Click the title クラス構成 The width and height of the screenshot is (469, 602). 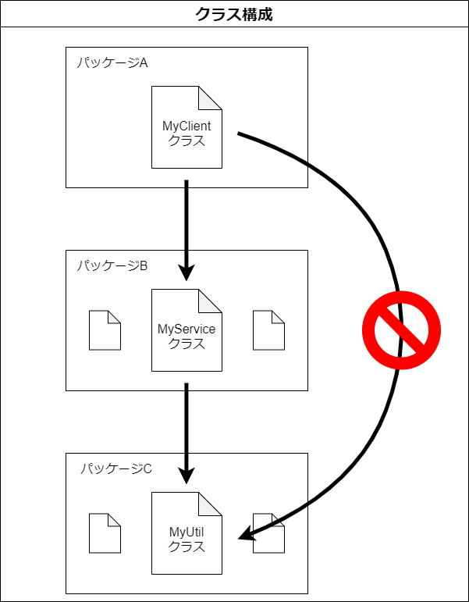(x=234, y=14)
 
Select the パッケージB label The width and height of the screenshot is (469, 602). (x=112, y=266)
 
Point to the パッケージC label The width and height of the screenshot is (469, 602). (x=116, y=469)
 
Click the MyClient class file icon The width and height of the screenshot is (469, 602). (x=187, y=127)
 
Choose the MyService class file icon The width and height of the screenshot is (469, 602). (x=187, y=330)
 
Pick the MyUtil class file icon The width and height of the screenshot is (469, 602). (x=187, y=533)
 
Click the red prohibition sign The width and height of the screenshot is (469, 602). (x=402, y=330)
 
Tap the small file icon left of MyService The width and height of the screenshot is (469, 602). (x=105, y=330)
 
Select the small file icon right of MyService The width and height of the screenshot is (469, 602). (x=268, y=330)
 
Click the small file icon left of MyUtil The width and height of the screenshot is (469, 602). (x=105, y=533)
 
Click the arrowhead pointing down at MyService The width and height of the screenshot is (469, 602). (x=187, y=273)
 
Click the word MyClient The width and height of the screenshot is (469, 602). (x=187, y=126)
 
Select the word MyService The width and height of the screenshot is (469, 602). (x=187, y=329)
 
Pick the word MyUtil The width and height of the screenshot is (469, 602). (x=187, y=533)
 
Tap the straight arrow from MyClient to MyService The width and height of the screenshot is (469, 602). (x=187, y=226)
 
